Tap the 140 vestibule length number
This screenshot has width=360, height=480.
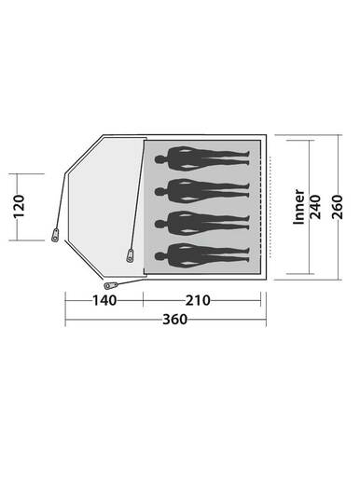(x=104, y=300)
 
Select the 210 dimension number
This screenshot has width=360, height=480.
(x=199, y=300)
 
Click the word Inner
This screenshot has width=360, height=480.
(x=299, y=208)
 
